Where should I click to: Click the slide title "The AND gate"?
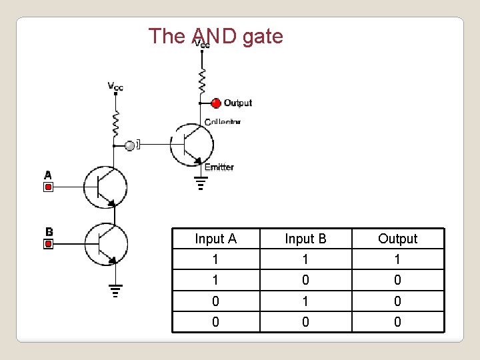pyautogui.click(x=215, y=36)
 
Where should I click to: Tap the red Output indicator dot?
pyautogui.click(x=215, y=103)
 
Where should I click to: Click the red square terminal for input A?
pyautogui.click(x=48, y=187)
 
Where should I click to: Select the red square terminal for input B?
pyautogui.click(x=48, y=244)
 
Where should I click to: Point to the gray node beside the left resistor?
pyautogui.click(x=129, y=145)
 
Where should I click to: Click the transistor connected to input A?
pyautogui.click(x=106, y=187)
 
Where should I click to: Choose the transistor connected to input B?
pyautogui.click(x=106, y=244)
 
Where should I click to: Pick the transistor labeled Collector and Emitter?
pyautogui.click(x=191, y=143)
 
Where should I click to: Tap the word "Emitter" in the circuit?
pyautogui.click(x=219, y=167)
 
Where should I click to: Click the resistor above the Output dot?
pyautogui.click(x=201, y=81)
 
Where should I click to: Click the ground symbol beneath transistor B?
pyautogui.click(x=115, y=290)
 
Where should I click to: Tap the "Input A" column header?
pyautogui.click(x=215, y=239)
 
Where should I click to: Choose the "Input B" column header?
pyautogui.click(x=305, y=239)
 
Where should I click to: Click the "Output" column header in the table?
pyautogui.click(x=397, y=239)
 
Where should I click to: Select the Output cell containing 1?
pyautogui.click(x=397, y=259)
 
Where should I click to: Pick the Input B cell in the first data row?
pyautogui.click(x=305, y=259)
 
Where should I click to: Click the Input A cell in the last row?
pyautogui.click(x=215, y=322)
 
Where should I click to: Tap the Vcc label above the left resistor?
pyautogui.click(x=115, y=86)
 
